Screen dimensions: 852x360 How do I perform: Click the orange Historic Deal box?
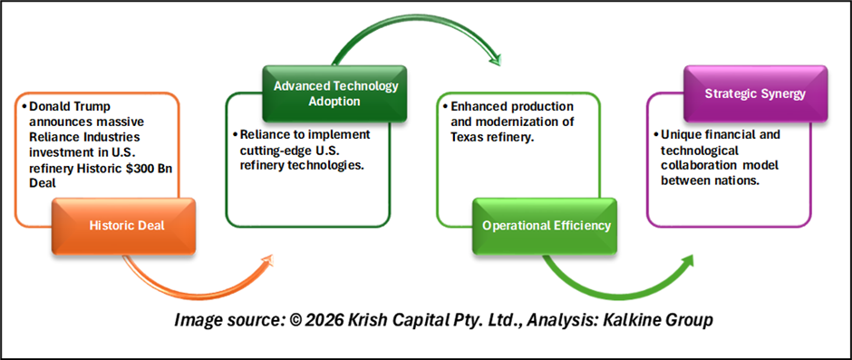124,226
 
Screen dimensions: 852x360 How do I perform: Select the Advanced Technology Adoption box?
334,94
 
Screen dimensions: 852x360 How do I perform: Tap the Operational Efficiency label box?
545,226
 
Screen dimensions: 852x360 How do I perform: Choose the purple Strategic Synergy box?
755,94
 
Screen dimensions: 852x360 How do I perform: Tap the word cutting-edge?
266,151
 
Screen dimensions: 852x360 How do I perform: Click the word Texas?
466,137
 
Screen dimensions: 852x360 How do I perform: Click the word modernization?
528,122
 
